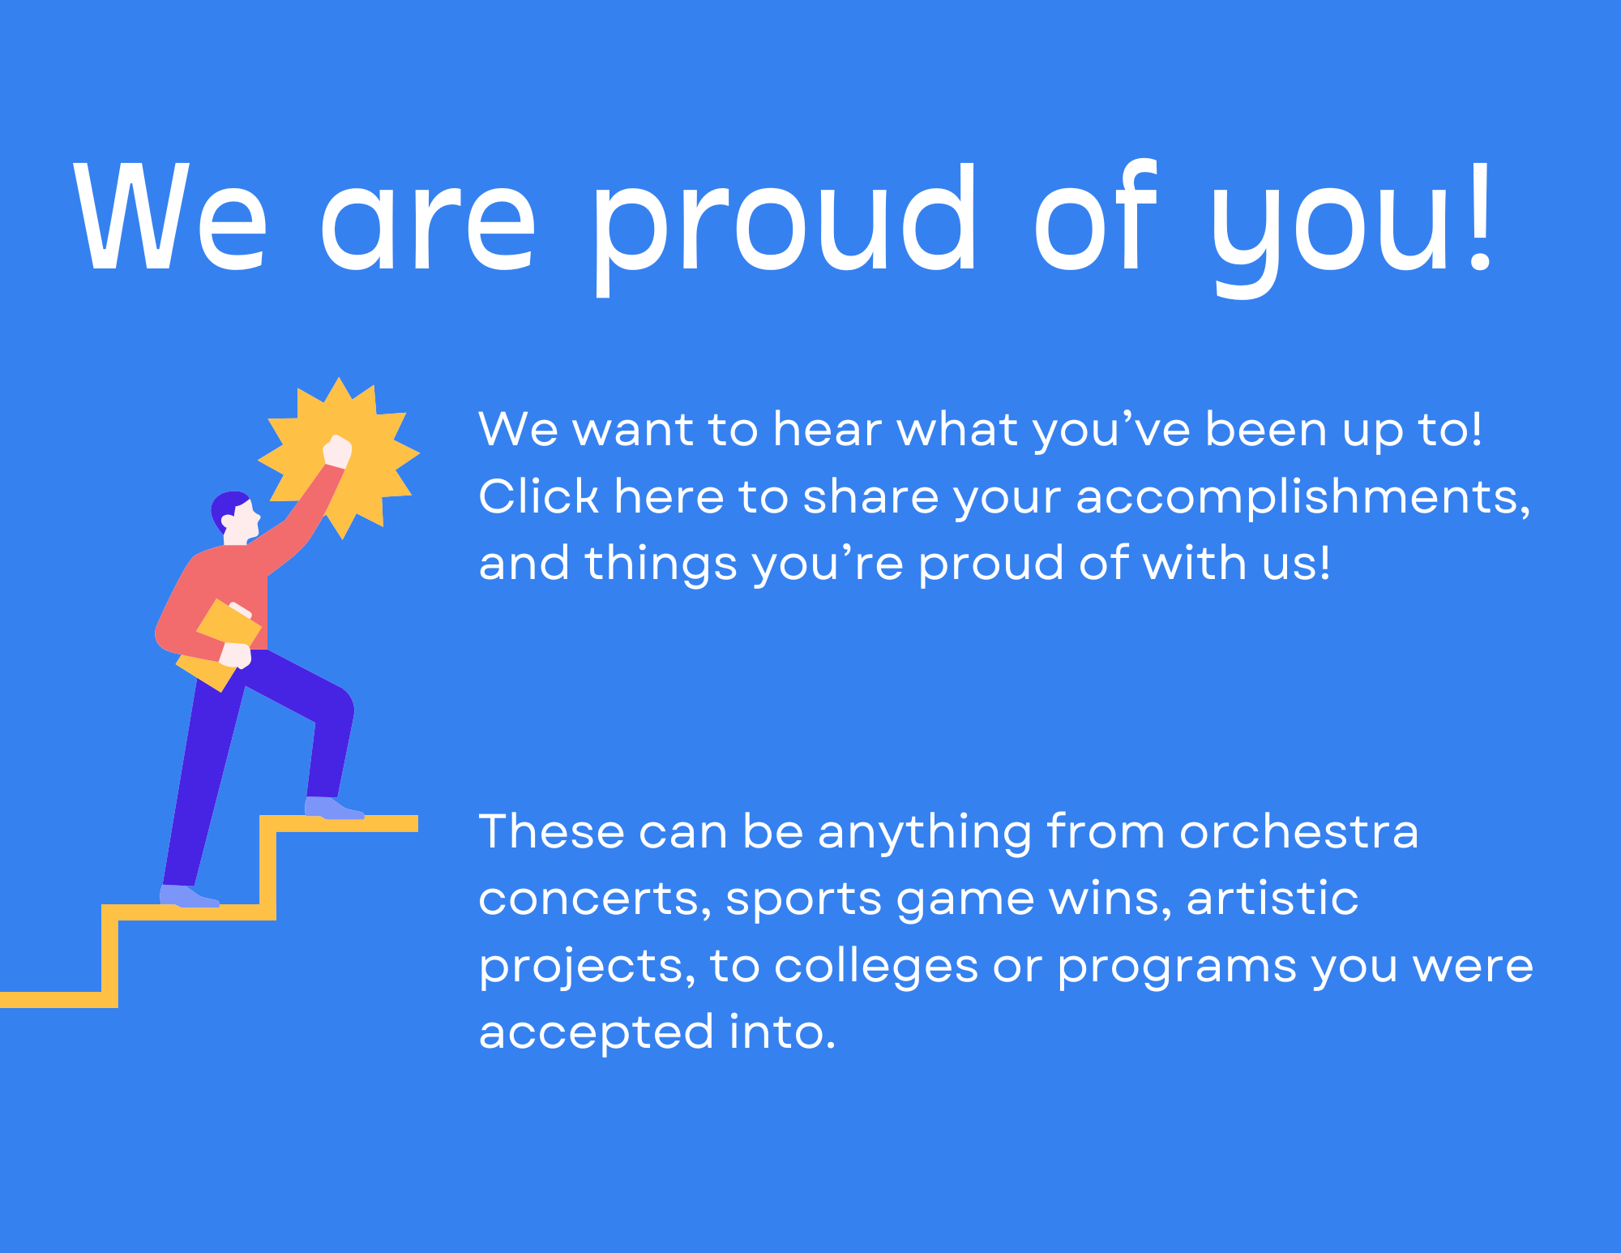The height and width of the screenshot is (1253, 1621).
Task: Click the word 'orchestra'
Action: coord(1299,832)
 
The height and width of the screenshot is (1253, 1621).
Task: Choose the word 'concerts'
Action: coord(595,900)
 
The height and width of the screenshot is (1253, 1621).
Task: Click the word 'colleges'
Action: coord(876,967)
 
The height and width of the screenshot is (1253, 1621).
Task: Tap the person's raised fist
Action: coord(337,451)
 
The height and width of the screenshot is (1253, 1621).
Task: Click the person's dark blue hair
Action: coord(227,508)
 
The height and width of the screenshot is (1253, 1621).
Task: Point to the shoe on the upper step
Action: coord(333,808)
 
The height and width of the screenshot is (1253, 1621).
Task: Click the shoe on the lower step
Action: coord(189,896)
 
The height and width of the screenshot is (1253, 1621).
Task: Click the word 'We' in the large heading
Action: coord(170,217)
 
